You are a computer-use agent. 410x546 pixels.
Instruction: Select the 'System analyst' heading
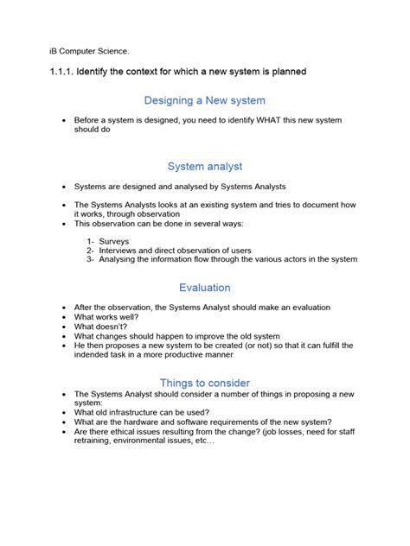[x=205, y=166]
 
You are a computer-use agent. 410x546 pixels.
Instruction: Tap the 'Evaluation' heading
[x=205, y=288]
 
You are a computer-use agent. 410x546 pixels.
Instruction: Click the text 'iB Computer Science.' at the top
[x=88, y=51]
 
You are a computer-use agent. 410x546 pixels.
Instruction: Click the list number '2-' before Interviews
[x=91, y=250]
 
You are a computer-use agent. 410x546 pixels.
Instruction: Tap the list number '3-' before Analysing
[x=91, y=259]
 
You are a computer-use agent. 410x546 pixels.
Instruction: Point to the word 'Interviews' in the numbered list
[x=124, y=250]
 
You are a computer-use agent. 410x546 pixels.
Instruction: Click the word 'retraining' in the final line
[x=96, y=441]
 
